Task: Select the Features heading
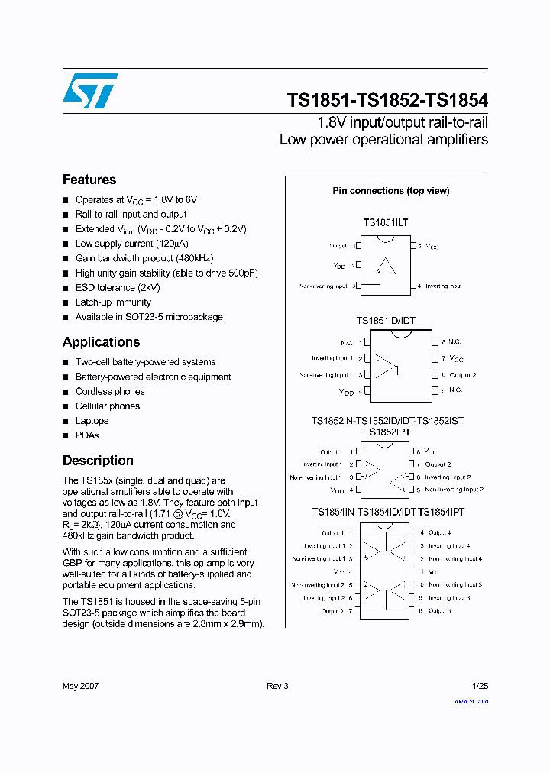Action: [89, 180]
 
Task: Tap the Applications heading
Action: [101, 342]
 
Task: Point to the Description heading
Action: [98, 461]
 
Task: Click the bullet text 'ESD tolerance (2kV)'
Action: [118, 288]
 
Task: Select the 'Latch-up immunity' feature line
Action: [113, 302]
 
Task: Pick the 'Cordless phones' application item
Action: [110, 391]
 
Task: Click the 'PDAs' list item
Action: [87, 435]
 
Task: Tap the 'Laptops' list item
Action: [92, 421]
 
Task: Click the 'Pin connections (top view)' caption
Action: [390, 191]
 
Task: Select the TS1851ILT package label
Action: [385, 222]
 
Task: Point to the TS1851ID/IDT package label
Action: [386, 322]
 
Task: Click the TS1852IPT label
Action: [387, 432]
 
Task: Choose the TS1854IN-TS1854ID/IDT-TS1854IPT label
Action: [387, 512]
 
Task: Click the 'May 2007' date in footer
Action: [80, 686]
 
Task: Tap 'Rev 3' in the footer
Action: [277, 686]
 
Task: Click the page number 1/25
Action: [479, 686]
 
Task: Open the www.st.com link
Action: [471, 700]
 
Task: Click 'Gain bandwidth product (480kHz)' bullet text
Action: [144, 258]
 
